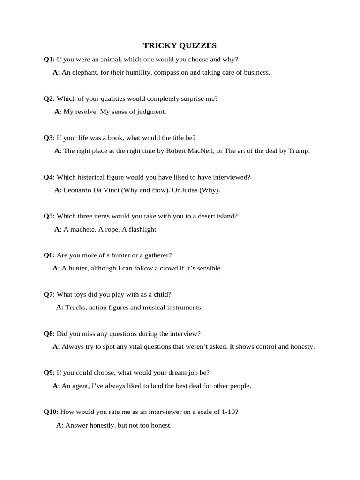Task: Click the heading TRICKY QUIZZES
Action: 180,45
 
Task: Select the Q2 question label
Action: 48,98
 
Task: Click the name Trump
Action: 299,151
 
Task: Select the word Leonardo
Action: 78,190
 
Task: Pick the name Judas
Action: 190,190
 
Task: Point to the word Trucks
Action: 75,307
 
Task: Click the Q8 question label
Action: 48,334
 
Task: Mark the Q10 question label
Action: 50,412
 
